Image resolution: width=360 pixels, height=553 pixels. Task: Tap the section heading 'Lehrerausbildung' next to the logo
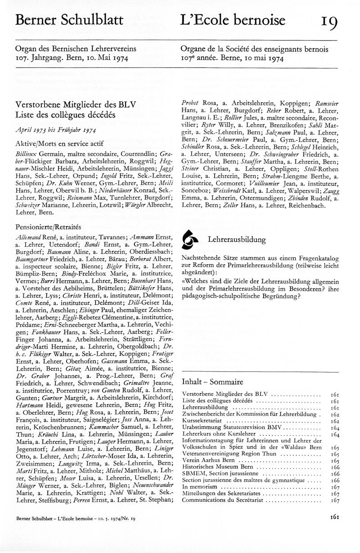click(236, 240)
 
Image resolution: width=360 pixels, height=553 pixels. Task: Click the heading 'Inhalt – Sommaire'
click(212, 382)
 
